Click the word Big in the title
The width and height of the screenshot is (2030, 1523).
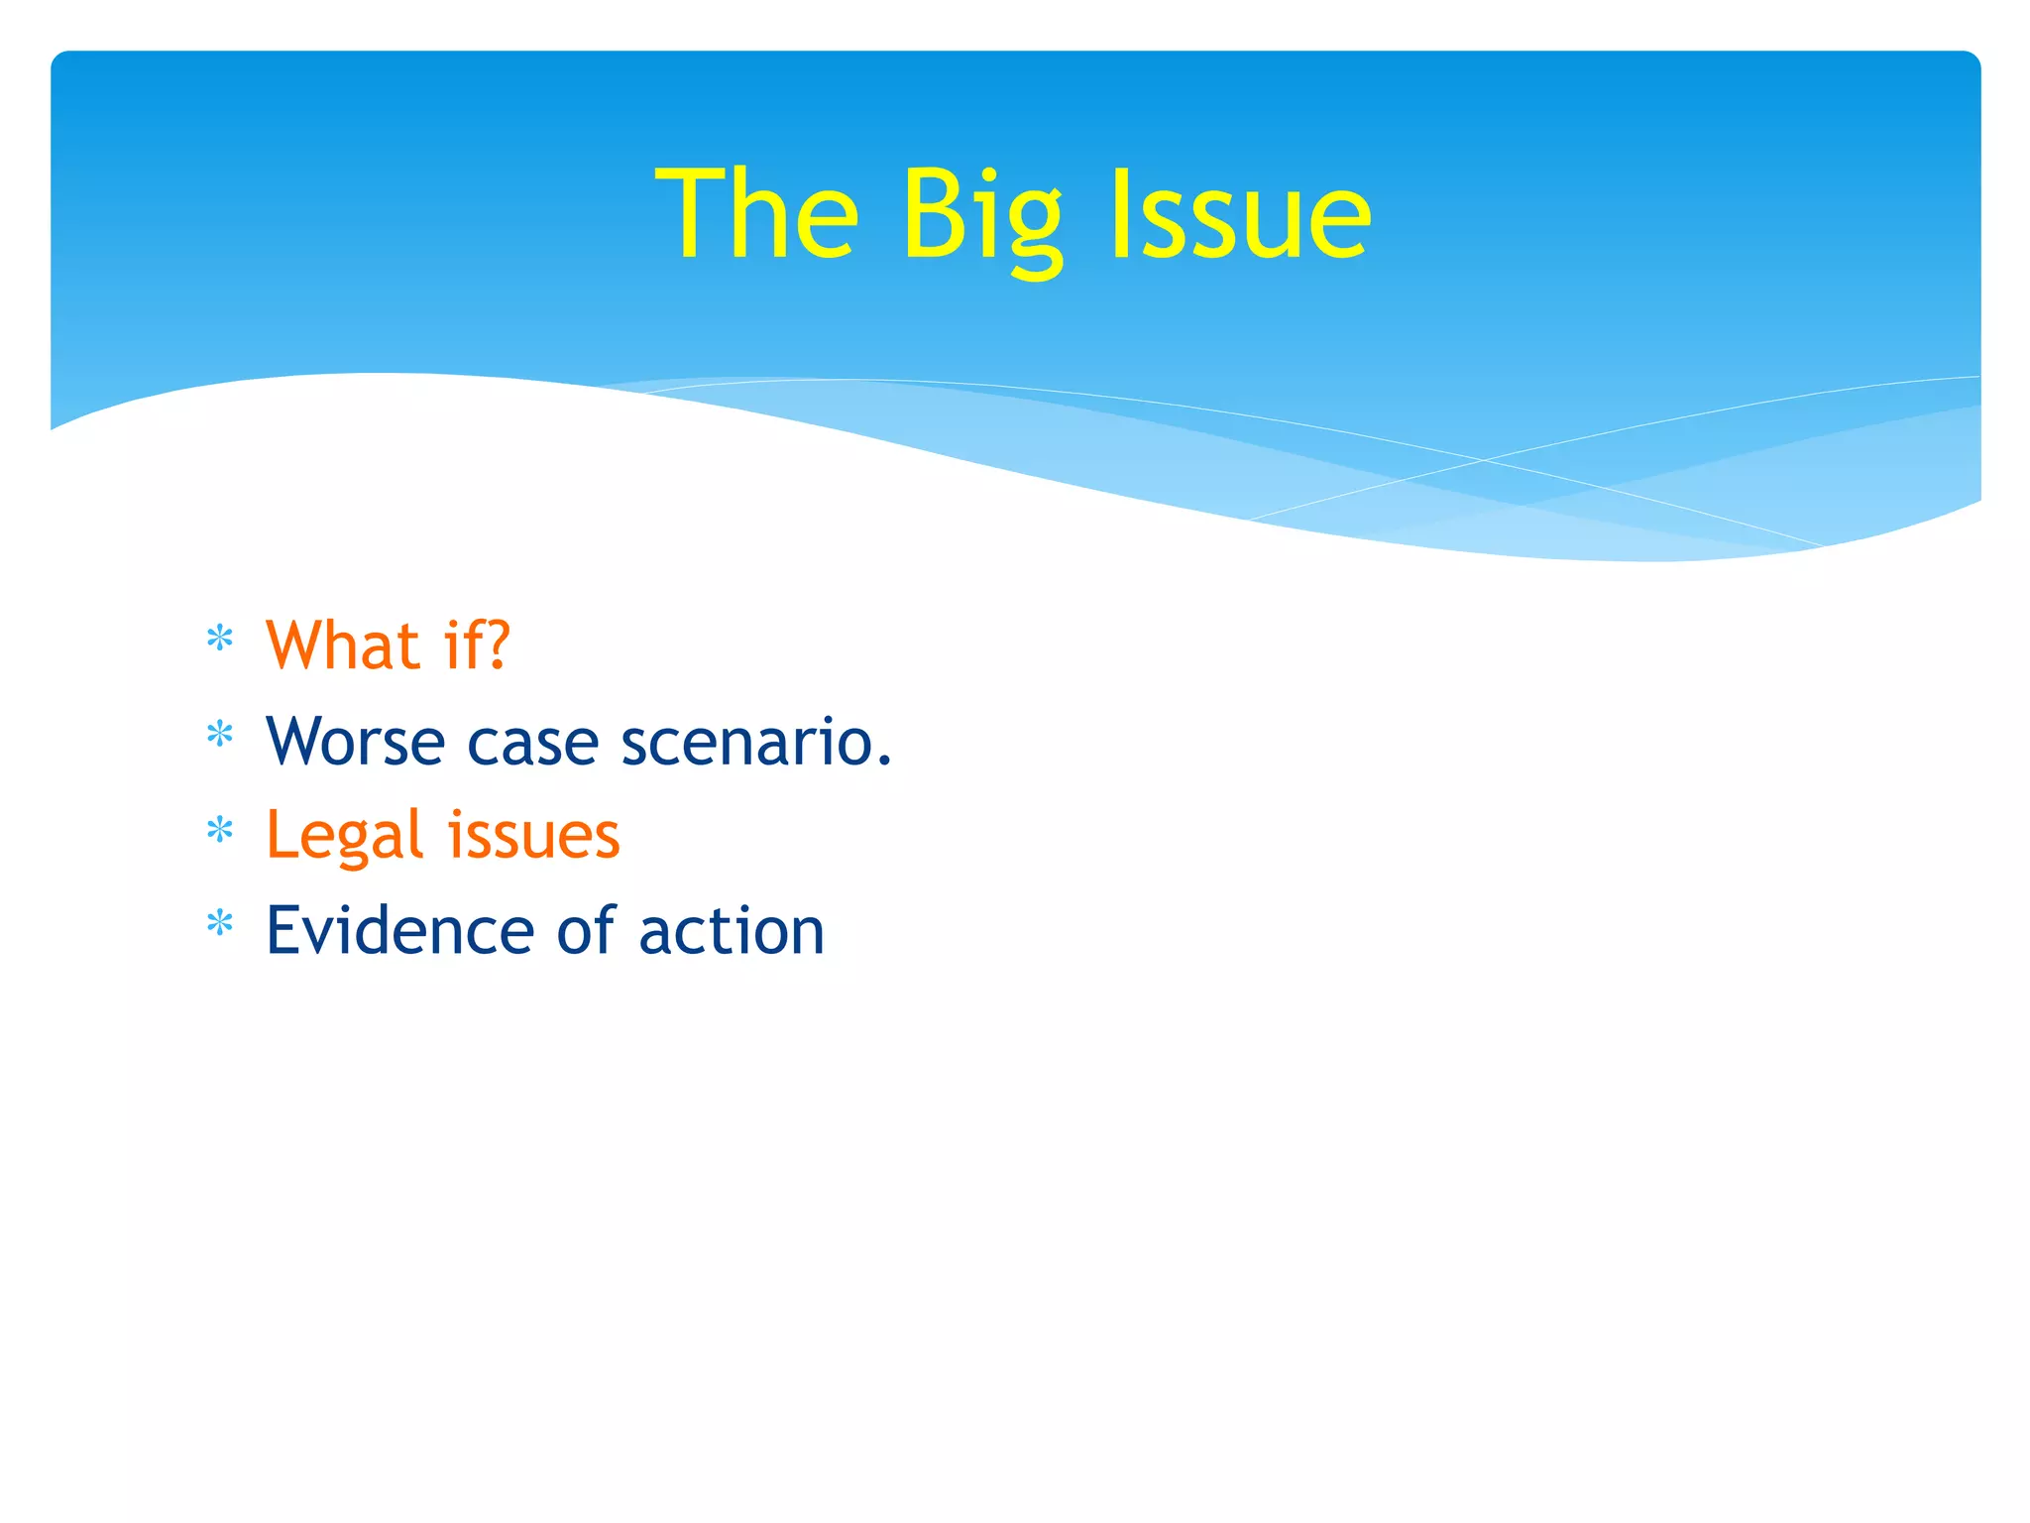981,218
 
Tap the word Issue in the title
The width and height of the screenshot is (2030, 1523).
1240,216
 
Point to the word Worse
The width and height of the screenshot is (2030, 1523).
355,742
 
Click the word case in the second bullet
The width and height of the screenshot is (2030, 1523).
532,744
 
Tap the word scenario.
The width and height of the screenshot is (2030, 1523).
756,742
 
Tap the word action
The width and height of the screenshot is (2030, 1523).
732,932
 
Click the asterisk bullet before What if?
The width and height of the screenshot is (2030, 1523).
219,640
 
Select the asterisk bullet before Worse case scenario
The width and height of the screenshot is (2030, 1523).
219,735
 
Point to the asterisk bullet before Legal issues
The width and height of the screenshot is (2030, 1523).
219,830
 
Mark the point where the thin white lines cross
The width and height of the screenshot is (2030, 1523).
1484,460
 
